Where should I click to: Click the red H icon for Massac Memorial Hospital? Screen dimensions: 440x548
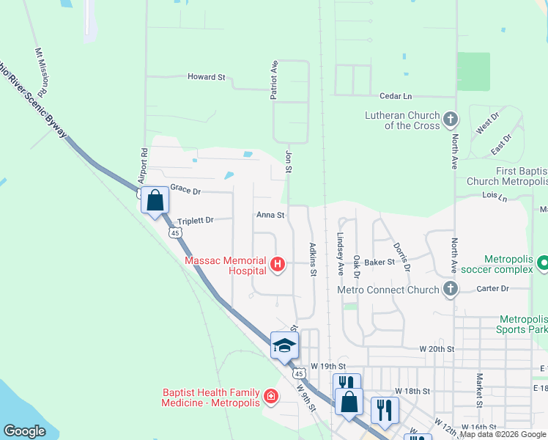(x=277, y=265)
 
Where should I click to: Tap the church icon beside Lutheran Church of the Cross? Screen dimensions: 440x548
(x=451, y=119)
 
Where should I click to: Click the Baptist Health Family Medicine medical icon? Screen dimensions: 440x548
(x=271, y=397)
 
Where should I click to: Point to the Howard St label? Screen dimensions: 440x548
(x=206, y=77)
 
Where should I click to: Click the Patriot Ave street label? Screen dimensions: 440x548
(x=275, y=80)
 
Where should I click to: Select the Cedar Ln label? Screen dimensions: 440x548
(x=396, y=96)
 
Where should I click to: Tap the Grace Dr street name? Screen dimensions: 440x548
(x=185, y=191)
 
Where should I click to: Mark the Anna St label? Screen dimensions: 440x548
(x=270, y=215)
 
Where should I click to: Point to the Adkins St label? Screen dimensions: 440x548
(x=313, y=260)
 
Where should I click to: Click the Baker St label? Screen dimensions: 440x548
(x=379, y=262)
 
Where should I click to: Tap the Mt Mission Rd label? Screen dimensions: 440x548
(x=41, y=73)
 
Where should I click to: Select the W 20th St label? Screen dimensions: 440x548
(x=437, y=349)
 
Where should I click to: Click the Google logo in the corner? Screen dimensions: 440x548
(x=24, y=431)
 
